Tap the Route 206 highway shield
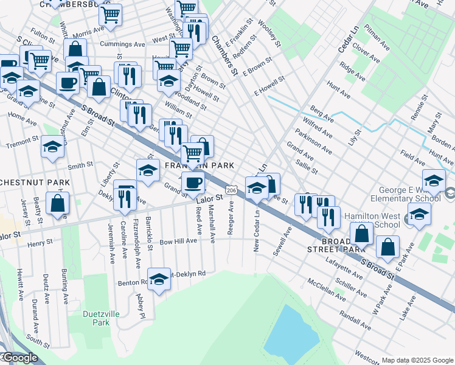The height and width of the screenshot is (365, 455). [231, 190]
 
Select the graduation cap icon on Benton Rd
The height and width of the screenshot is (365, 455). [159, 279]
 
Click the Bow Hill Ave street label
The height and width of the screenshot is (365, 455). [178, 242]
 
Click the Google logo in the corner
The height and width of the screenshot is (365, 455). [19, 358]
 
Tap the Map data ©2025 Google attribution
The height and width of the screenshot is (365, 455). [417, 360]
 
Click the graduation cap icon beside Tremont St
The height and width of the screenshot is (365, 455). [52, 147]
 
